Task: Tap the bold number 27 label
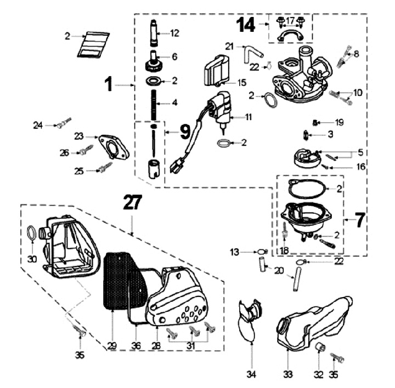(133, 203)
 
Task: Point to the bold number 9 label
(185, 132)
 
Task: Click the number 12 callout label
(174, 33)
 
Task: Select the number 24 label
(37, 125)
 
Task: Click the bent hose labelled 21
(251, 54)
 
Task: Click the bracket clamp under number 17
(291, 37)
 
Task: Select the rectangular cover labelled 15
(217, 70)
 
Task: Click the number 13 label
(235, 252)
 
